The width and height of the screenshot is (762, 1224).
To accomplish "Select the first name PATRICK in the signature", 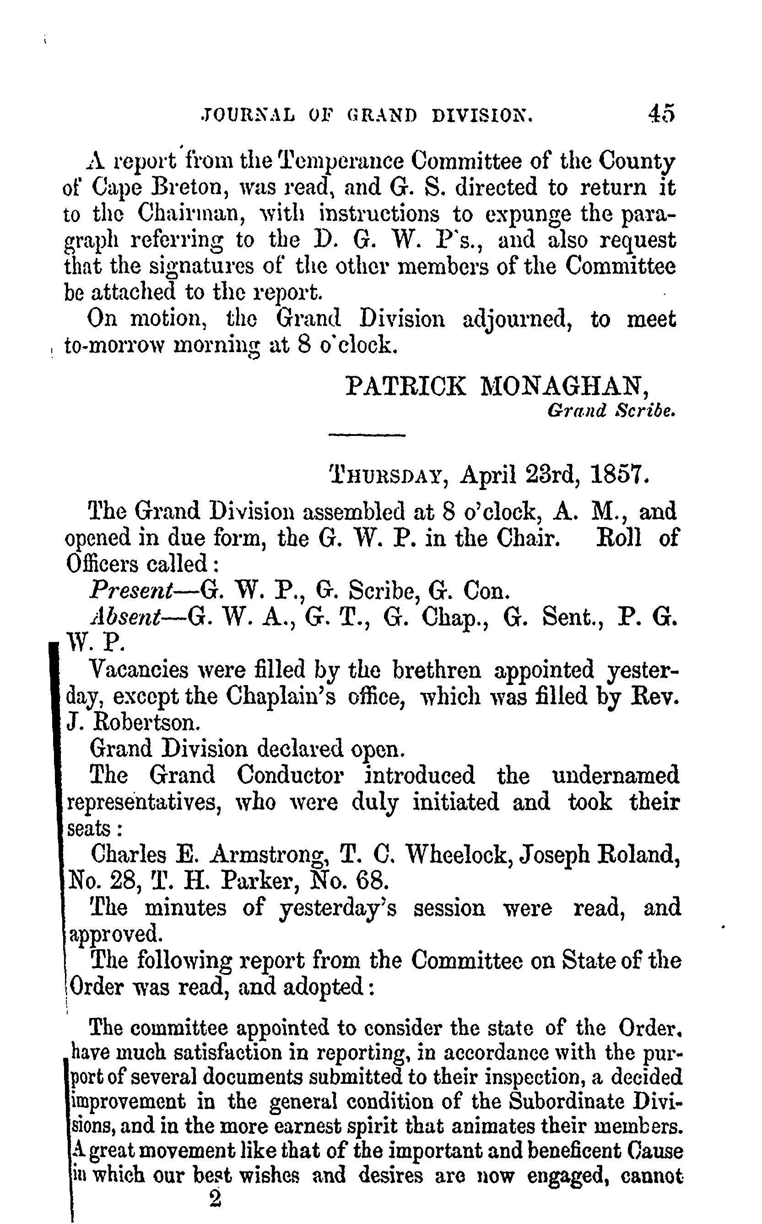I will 406,386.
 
